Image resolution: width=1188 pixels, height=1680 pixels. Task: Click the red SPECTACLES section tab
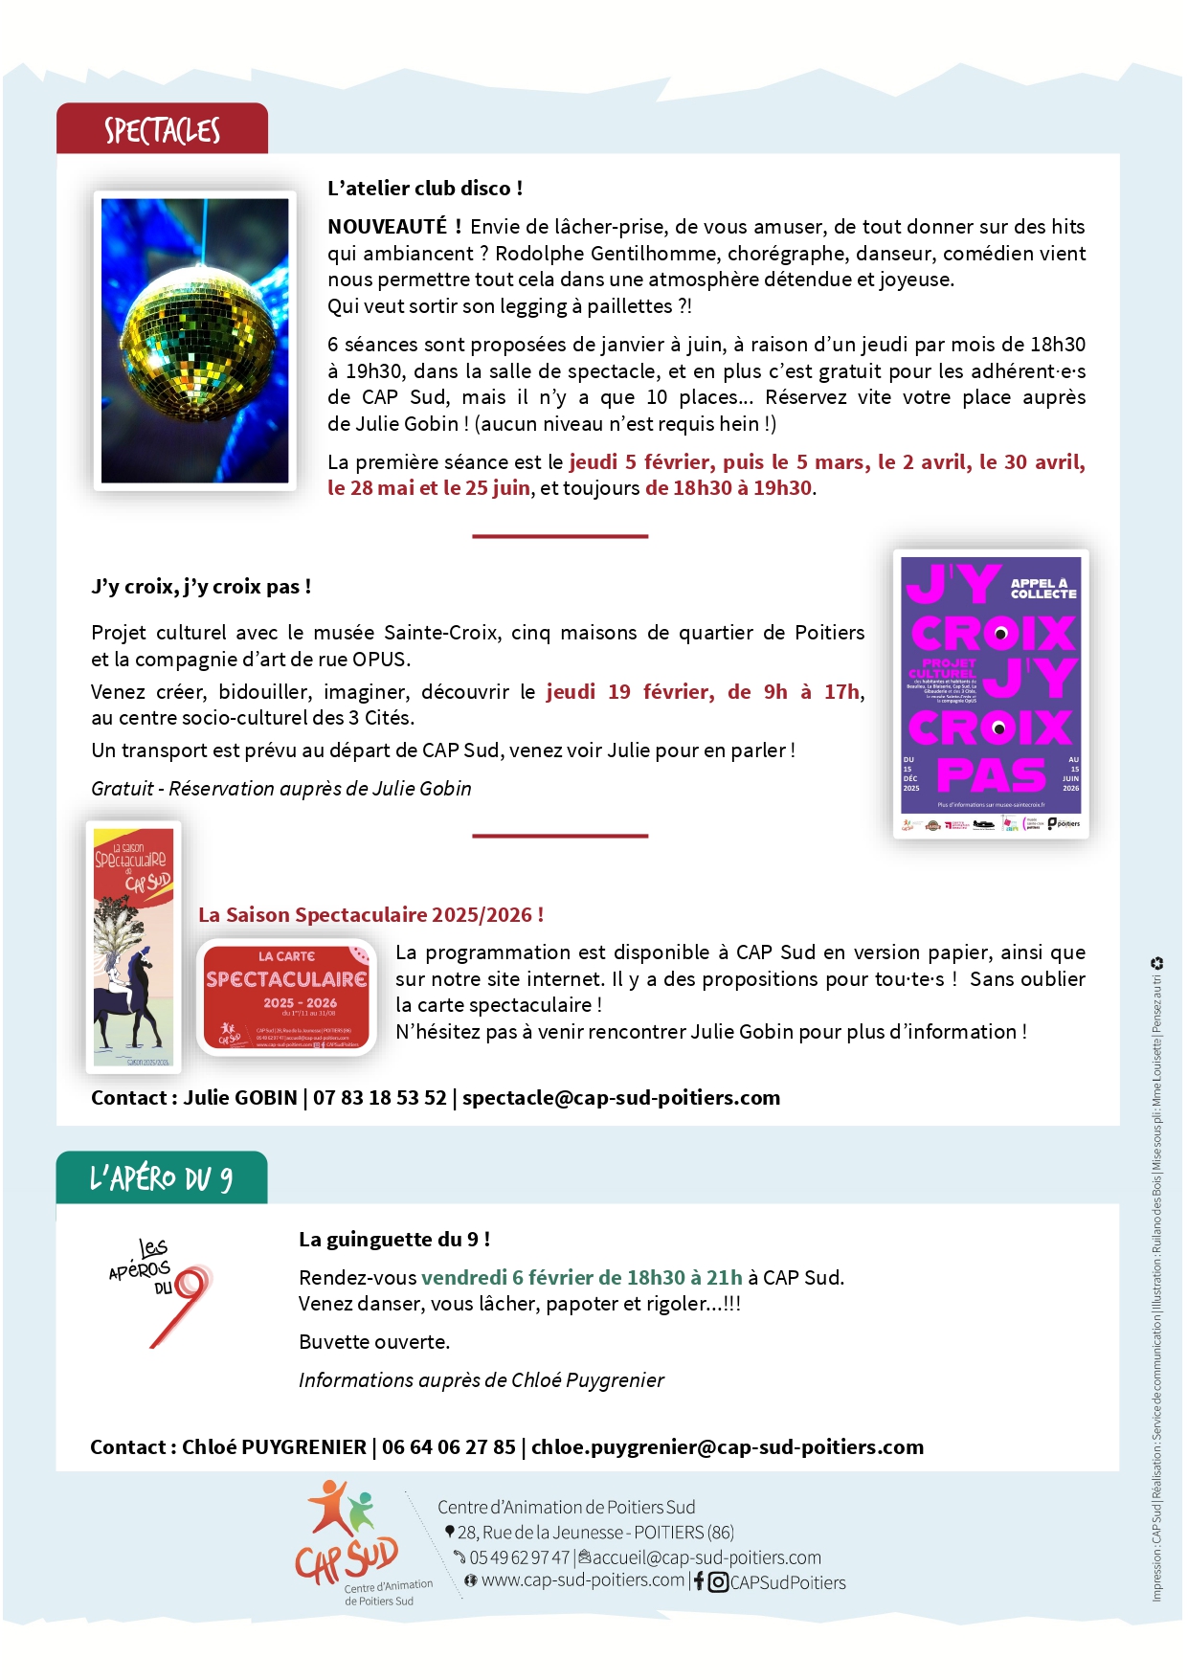coord(162,129)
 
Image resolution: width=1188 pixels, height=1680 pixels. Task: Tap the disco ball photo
coord(194,340)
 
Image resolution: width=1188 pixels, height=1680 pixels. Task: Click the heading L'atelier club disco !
coord(425,189)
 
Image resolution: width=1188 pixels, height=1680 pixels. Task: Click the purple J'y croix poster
coord(991,694)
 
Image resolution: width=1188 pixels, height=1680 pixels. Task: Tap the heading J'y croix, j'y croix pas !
coord(201,587)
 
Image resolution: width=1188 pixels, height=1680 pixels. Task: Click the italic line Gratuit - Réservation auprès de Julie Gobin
coord(281,789)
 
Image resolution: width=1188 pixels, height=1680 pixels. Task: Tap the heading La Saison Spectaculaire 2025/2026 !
coord(370,915)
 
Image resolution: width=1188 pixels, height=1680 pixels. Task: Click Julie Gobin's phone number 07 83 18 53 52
coord(380,1098)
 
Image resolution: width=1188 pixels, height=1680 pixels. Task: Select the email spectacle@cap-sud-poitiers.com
coord(621,1098)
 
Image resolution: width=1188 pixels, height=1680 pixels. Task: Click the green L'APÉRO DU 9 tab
coord(161,1178)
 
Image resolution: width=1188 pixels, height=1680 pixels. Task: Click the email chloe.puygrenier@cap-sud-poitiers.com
coord(728,1447)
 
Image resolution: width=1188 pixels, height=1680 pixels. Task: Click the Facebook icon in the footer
coord(699,1582)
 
